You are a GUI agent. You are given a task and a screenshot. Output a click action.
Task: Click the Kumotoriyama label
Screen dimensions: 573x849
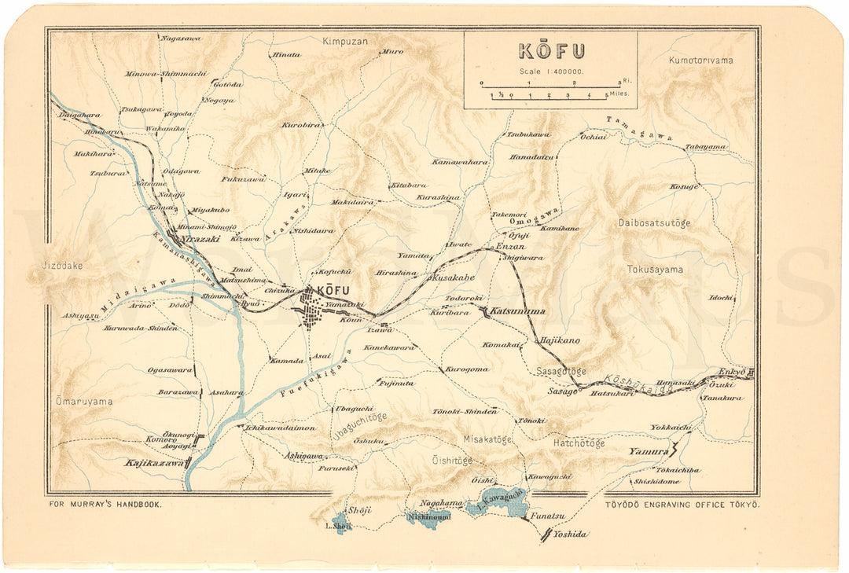[x=700, y=60]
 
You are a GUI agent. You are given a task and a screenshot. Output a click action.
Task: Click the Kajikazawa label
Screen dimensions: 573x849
[x=154, y=464]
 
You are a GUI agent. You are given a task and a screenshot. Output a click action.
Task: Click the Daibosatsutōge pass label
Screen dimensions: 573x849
[x=654, y=223]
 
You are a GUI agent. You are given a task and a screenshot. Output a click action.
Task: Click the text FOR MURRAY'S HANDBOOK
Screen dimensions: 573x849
[x=105, y=505]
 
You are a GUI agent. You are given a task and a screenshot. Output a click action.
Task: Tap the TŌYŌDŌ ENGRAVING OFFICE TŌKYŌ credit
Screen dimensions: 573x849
[x=682, y=505]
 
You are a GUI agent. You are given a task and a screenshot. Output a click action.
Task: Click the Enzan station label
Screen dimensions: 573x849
[x=509, y=247]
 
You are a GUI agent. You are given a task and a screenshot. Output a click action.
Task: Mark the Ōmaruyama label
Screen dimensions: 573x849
[x=83, y=402]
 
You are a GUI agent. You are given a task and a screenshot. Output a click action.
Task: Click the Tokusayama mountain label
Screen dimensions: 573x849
[x=655, y=270]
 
